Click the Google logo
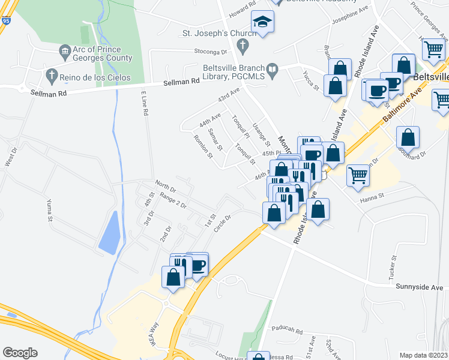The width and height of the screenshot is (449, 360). [20, 353]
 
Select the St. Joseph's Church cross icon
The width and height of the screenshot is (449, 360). [243, 44]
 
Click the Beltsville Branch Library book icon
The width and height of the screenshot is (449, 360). [273, 70]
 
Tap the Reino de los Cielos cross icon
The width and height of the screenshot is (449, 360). [52, 76]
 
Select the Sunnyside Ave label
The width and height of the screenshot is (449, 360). [418, 287]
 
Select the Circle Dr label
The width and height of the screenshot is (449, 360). [226, 225]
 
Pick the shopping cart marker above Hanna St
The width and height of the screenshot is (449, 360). [358, 175]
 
